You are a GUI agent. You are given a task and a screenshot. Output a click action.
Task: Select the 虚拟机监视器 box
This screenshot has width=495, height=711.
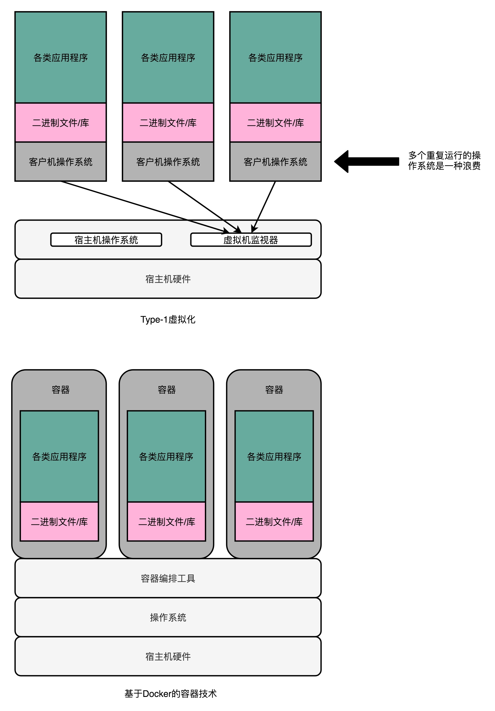click(x=251, y=240)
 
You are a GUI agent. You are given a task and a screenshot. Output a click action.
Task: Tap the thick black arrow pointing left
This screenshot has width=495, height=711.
click(x=367, y=161)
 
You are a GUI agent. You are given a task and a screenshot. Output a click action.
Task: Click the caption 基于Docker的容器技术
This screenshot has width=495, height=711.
click(x=170, y=693)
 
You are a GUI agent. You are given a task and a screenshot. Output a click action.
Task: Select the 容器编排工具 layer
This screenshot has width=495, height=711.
click(x=168, y=578)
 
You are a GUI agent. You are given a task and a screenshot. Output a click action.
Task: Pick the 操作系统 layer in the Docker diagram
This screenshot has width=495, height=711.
click(x=168, y=617)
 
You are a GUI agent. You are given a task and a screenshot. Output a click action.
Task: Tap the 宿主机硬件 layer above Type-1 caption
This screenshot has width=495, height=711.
click(x=168, y=279)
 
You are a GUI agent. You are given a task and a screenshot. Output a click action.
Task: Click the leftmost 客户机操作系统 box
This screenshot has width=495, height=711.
click(x=61, y=162)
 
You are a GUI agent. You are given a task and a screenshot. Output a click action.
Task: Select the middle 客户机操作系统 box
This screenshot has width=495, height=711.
click(x=168, y=162)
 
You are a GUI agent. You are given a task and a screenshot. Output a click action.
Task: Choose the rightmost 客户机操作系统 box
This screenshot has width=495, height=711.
click(x=275, y=162)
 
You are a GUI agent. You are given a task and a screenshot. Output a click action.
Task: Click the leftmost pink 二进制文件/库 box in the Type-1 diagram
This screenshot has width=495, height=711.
click(x=61, y=123)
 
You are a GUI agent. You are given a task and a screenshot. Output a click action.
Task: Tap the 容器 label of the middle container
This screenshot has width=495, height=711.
click(x=167, y=389)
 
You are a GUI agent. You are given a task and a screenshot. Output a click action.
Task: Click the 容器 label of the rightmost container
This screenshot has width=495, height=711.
click(x=274, y=389)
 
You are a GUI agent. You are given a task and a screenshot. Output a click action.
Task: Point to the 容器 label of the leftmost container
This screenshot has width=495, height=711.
click(x=61, y=389)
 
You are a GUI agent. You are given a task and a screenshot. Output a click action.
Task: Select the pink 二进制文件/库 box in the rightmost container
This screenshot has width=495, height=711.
click(x=274, y=522)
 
